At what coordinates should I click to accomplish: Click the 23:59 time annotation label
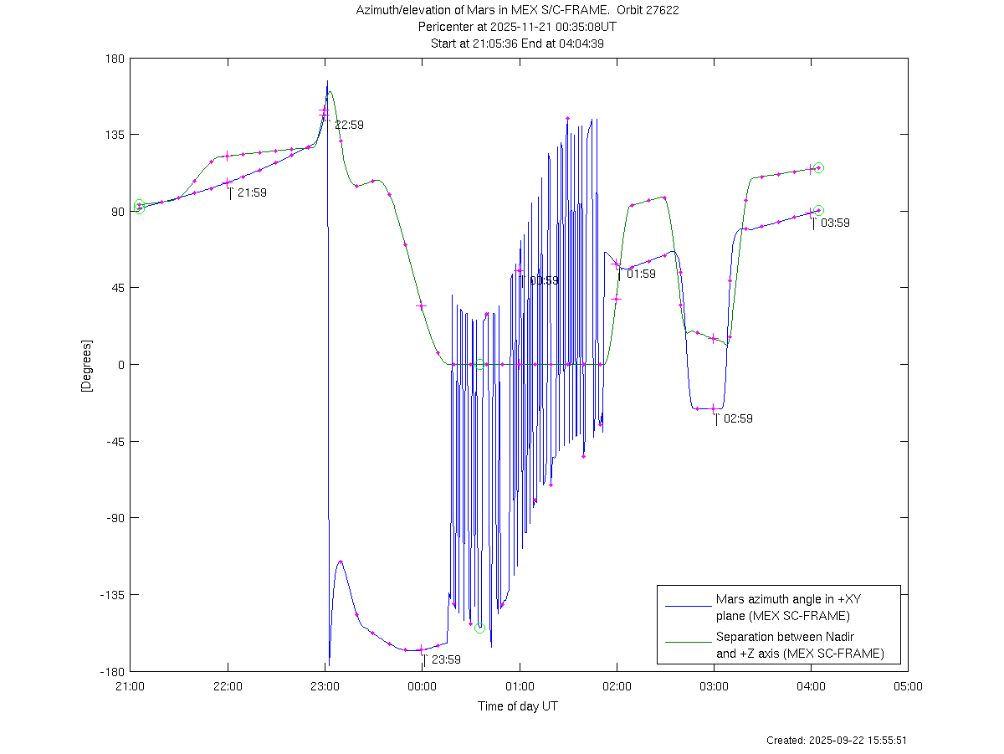446,659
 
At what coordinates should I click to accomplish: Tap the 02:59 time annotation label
738,418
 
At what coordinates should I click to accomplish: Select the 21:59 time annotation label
252,192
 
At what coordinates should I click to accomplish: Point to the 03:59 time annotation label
835,223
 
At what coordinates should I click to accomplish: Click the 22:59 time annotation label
349,125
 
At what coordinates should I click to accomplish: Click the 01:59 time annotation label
641,274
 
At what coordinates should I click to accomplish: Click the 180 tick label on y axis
115,59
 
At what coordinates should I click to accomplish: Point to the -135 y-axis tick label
111,595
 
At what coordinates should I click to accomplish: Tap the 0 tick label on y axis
120,365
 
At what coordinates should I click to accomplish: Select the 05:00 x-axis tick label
908,685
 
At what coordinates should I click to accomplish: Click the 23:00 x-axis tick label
325,685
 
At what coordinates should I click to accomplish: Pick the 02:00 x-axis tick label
617,685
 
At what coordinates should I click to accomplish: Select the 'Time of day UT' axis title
518,706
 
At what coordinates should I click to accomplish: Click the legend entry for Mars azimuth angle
781,608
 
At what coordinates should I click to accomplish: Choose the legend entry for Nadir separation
799,645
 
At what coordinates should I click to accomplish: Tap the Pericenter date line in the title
518,27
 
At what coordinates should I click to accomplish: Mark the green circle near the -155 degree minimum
479,628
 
